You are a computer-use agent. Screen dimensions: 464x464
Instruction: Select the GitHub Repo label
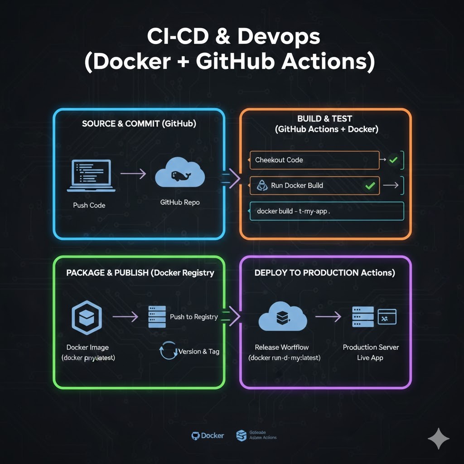coord(180,202)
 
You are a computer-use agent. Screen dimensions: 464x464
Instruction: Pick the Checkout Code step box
coord(314,160)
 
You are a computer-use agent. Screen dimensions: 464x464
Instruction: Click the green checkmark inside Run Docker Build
coord(370,185)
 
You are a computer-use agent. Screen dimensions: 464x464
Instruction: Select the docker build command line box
coord(326,211)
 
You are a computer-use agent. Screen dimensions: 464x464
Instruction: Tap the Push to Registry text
coord(193,317)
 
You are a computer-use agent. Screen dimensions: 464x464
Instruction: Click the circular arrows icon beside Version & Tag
coord(168,352)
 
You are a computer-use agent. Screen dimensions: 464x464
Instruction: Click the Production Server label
coord(371,347)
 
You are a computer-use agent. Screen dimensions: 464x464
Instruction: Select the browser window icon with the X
coord(387,316)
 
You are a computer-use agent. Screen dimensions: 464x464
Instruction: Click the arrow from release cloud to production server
coord(328,317)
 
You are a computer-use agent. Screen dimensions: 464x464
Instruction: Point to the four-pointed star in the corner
coord(439,438)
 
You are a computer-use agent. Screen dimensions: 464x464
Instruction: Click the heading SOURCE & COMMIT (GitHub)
coord(139,124)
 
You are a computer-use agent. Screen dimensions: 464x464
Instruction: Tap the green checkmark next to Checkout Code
coord(393,160)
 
